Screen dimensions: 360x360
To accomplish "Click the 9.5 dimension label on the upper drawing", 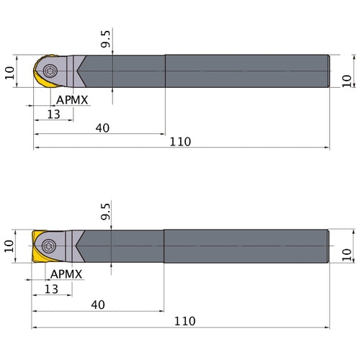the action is click(x=105, y=39).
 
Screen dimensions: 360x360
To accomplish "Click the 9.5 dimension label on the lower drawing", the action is click(x=105, y=212).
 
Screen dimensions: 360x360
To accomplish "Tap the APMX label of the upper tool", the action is click(x=72, y=100).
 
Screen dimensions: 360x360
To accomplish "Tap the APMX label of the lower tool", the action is click(x=66, y=274).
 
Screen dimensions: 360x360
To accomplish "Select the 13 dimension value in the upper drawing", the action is click(x=53, y=114).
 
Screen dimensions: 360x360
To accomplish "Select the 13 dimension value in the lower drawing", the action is click(x=51, y=289).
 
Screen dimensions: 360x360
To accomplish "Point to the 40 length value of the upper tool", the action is click(x=102, y=128).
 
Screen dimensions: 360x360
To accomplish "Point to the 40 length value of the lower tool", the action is click(x=98, y=305).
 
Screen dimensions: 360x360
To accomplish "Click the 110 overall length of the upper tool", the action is click(x=181, y=142).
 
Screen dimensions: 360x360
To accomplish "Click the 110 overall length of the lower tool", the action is click(x=185, y=321).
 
